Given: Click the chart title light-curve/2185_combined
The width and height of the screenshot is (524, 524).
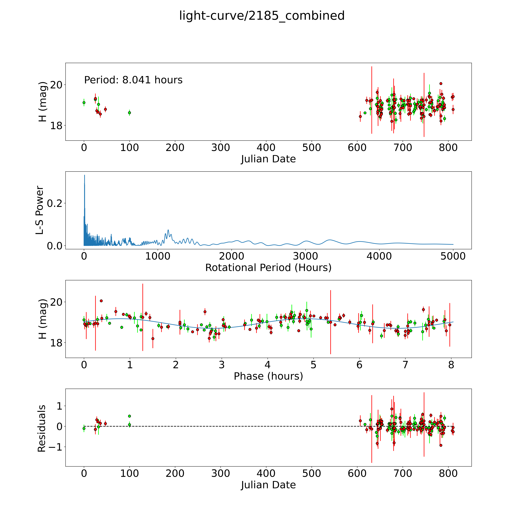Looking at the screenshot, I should pos(262,16).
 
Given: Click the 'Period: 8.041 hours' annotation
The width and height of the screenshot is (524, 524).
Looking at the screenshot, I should pos(133,80).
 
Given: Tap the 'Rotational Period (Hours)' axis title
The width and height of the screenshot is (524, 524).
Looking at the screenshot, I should pos(268,268).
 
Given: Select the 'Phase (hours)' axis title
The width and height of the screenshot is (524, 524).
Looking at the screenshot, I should pos(268,376).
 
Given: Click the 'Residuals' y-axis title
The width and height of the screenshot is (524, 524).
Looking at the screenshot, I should pos(42,429).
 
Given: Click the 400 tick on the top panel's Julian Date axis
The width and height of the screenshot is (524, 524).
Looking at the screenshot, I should pos(266,148).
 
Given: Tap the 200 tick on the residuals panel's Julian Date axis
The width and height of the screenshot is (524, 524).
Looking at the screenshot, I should pos(175,474).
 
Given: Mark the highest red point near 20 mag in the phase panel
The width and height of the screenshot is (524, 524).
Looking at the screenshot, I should pos(101,301).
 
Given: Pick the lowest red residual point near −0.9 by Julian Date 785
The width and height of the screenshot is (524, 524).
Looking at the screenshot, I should pos(441,445).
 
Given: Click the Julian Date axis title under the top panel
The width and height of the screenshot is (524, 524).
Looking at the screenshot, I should pos(268,159).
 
